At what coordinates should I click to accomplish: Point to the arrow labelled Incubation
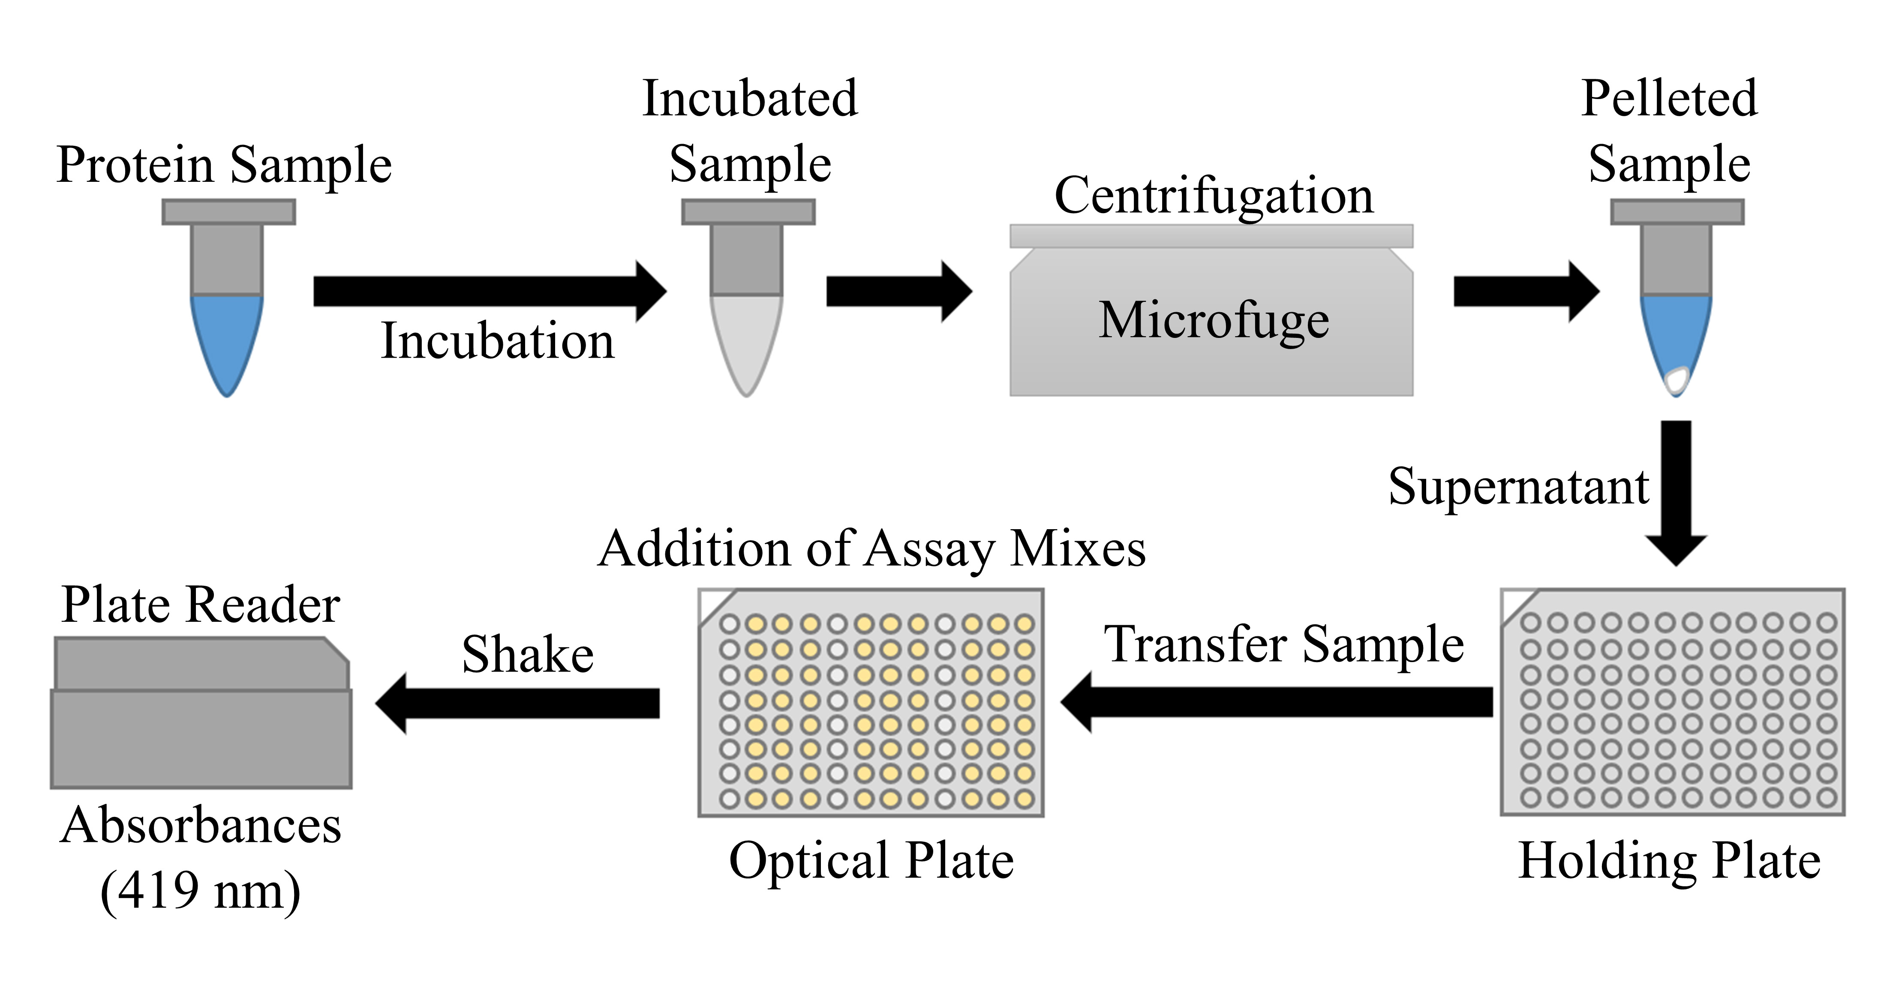(490, 292)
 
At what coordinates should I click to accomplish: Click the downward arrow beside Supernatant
(1676, 493)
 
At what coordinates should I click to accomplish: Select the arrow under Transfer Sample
(1277, 702)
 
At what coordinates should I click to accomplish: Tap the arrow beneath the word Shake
(517, 704)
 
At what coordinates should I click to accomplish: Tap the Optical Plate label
(871, 860)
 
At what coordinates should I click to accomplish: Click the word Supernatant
(1518, 487)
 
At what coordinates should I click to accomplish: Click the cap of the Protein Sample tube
(228, 212)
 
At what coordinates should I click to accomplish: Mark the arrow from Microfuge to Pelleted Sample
(1526, 292)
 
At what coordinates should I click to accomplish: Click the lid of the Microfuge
(1211, 236)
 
